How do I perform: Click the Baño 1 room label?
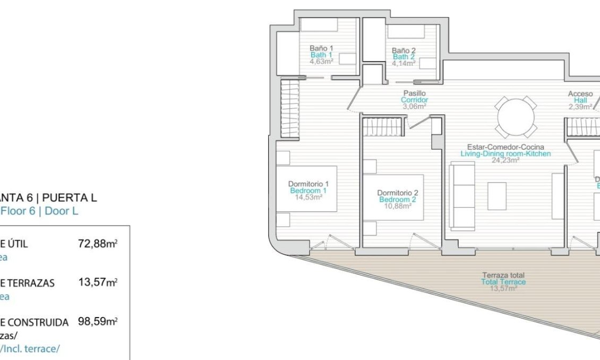click(321, 48)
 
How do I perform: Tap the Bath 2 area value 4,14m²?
click(404, 63)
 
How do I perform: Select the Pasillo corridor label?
click(414, 93)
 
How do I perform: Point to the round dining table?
click(516, 116)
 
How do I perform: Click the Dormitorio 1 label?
click(308, 184)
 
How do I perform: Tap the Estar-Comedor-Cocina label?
click(505, 147)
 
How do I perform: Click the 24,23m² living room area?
click(505, 160)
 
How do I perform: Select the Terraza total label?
click(503, 275)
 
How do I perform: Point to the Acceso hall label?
click(580, 94)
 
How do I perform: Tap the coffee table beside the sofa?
click(497, 196)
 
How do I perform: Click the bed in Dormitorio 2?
click(393, 197)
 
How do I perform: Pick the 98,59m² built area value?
click(98, 322)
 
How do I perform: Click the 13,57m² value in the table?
click(98, 282)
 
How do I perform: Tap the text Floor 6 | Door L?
click(40, 211)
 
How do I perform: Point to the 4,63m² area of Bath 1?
click(321, 61)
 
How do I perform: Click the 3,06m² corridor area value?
click(414, 106)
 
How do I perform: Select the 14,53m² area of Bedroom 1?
click(308, 196)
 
